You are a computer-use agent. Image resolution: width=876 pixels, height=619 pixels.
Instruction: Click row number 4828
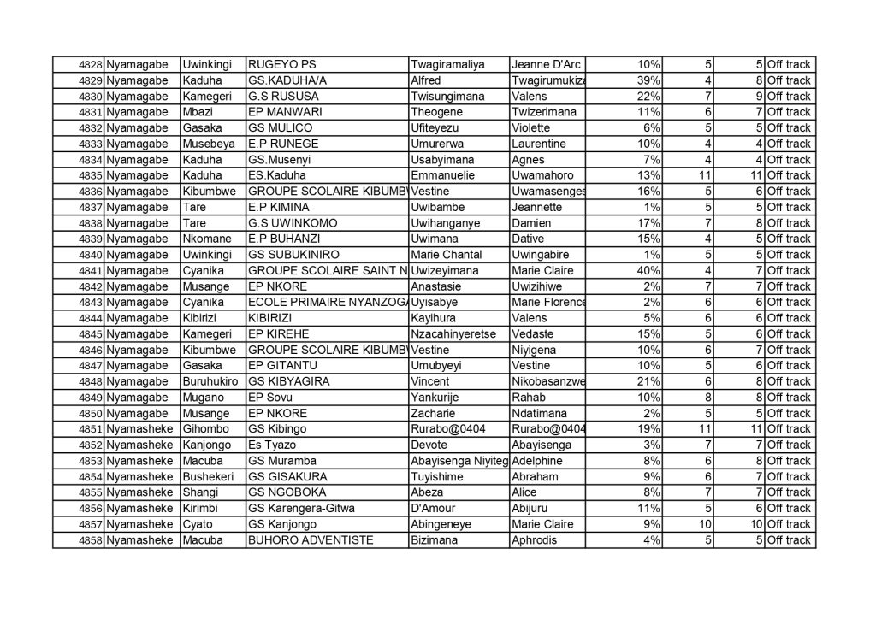click(x=90, y=65)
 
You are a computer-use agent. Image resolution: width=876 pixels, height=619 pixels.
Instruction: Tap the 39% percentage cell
click(x=648, y=80)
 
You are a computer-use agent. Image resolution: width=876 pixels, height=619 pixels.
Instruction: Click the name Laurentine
click(x=537, y=144)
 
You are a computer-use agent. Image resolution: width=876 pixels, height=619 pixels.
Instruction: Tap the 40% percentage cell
click(x=648, y=270)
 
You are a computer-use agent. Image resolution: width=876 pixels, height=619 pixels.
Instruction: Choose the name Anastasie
click(x=441, y=286)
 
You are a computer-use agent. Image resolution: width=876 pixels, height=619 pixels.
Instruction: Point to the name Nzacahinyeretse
click(x=455, y=333)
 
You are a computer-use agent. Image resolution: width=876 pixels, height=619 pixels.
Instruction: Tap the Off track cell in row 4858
click(x=788, y=539)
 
